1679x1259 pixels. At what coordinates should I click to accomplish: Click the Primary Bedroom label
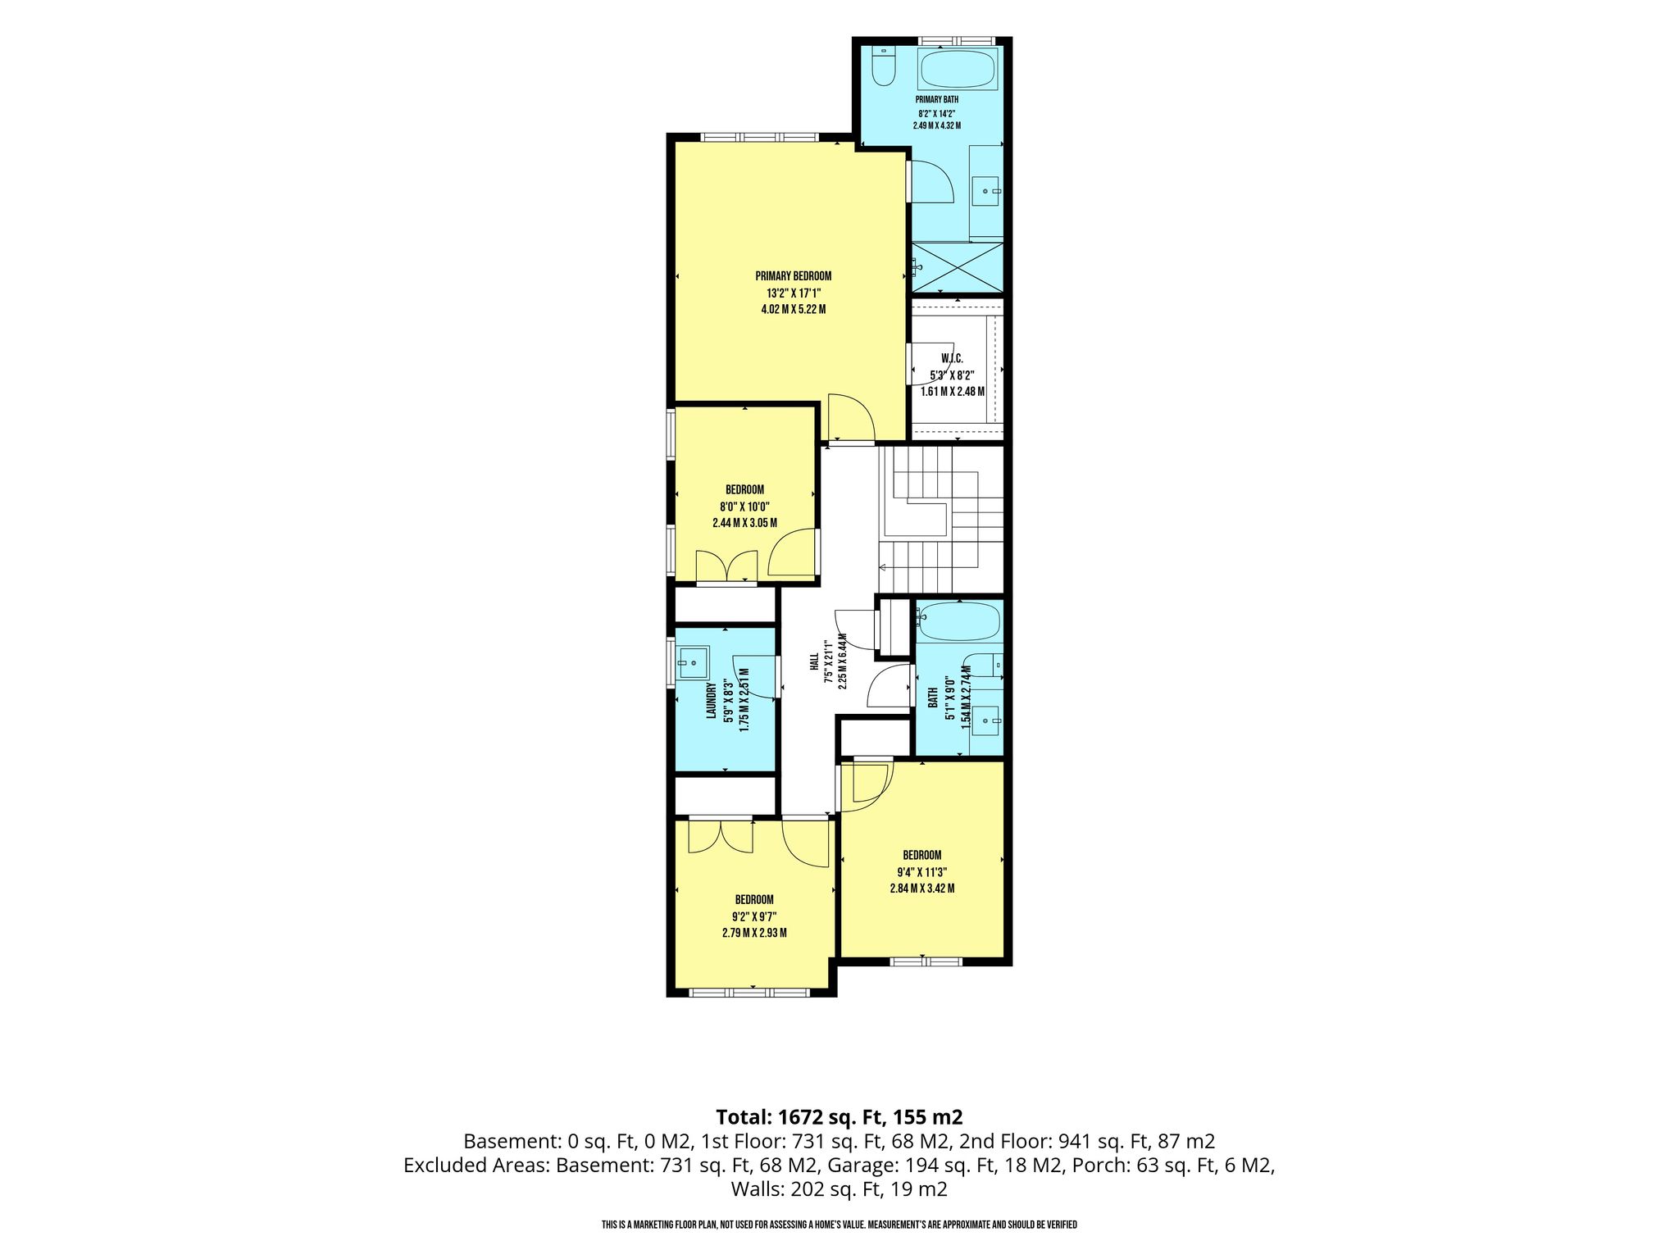coord(793,276)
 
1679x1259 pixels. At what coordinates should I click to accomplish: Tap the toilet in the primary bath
coord(883,66)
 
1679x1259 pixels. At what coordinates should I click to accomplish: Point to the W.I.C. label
coord(952,359)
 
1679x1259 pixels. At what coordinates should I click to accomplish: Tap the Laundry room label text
coord(712,701)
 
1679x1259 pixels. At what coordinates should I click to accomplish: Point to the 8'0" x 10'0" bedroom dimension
coord(744,507)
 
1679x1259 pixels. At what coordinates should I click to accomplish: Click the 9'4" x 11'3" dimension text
coord(922,872)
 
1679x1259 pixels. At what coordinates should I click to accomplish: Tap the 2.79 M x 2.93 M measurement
coord(754,933)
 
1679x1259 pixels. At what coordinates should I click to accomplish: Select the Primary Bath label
coord(937,100)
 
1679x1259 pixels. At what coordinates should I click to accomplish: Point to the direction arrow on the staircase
coord(885,567)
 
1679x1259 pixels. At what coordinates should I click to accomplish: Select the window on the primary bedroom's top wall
coord(759,137)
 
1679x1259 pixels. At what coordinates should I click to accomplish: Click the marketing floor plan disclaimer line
coord(839,1225)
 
